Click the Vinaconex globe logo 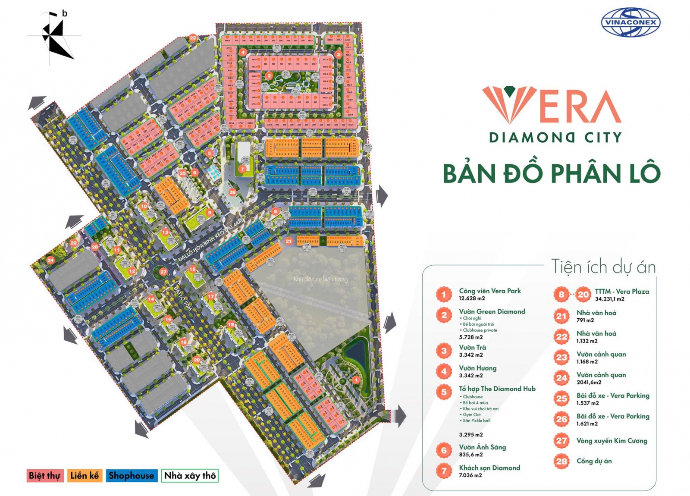click(630, 22)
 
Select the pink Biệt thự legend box click(44, 476)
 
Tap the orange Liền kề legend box click(85, 476)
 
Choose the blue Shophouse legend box click(132, 476)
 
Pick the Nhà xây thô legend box click(190, 476)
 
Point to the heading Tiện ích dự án click(603, 267)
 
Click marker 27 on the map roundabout click(163, 272)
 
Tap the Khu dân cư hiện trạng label click(320, 279)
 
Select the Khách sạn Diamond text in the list click(489, 468)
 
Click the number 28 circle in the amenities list click(561, 461)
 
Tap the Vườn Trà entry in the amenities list click(472, 347)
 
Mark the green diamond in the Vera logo click(511, 91)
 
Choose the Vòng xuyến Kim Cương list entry click(612, 441)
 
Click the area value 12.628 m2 click(472, 298)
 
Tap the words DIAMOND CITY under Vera click(555, 138)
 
